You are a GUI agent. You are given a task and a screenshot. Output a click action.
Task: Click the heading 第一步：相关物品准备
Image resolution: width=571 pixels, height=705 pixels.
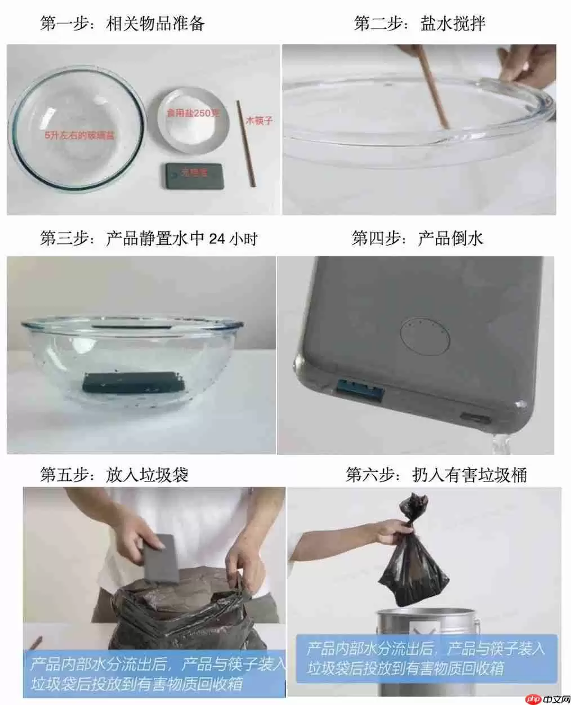click(x=122, y=23)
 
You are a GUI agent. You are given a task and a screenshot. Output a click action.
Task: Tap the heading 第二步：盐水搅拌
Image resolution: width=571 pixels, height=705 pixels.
click(x=419, y=23)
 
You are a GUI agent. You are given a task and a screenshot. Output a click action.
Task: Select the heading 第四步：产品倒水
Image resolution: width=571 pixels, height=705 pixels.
click(x=417, y=238)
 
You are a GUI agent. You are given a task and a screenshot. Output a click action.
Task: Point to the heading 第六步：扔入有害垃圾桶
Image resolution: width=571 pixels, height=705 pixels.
click(x=436, y=475)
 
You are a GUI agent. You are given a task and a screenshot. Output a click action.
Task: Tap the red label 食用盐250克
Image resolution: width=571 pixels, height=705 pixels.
click(x=193, y=113)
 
